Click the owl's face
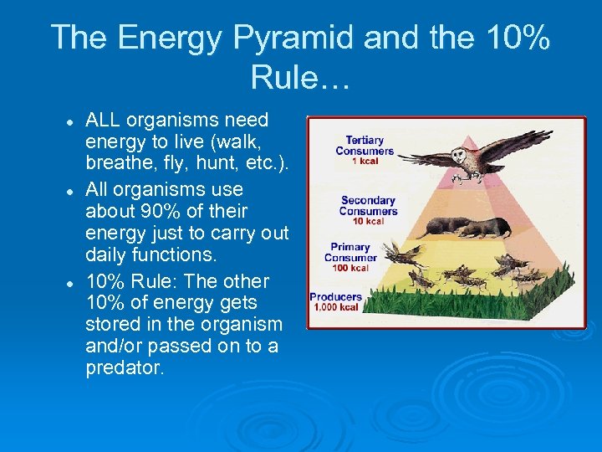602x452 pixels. coord(459,156)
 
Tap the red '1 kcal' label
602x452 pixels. coord(365,162)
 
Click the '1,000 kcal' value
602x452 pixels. coord(335,307)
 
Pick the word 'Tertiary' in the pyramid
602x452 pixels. coord(365,141)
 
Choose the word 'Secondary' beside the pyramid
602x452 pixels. coord(368,201)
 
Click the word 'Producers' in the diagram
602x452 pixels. coord(335,296)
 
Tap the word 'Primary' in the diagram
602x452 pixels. coord(350,247)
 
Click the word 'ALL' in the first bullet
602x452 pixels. coord(102,121)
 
